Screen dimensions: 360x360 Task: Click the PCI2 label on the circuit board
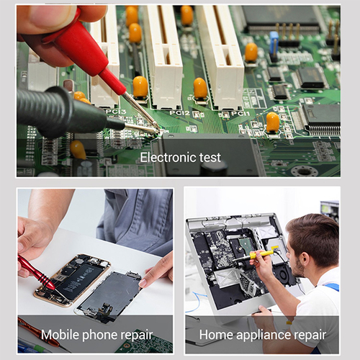click(x=180, y=113)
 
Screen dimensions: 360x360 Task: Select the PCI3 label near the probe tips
click(x=117, y=112)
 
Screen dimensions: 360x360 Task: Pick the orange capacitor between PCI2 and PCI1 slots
click(x=200, y=89)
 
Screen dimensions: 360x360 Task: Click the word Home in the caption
click(x=215, y=335)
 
